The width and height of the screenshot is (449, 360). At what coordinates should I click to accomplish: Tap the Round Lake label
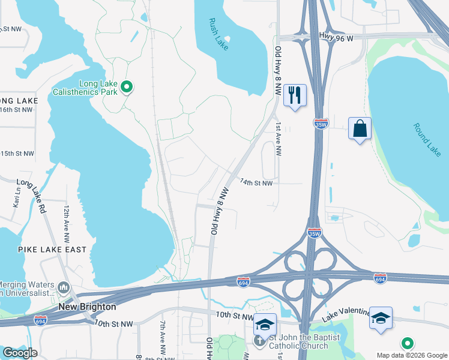click(427, 139)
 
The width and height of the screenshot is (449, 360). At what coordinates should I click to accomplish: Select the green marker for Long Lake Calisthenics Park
click(127, 88)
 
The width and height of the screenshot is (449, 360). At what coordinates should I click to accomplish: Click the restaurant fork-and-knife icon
click(295, 95)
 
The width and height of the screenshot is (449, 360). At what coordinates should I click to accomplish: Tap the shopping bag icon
click(360, 128)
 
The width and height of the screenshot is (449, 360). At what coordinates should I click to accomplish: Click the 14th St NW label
click(256, 182)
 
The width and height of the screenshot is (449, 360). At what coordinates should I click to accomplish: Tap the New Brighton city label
click(87, 307)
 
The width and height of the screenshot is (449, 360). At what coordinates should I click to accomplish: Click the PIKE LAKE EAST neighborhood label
click(52, 249)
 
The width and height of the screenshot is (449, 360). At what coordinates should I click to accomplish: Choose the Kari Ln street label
click(16, 196)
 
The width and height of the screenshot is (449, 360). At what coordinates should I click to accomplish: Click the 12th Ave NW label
click(67, 218)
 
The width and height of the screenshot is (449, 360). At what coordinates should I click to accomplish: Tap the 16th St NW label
click(16, 110)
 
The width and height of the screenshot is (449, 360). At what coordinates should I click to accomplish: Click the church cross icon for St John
click(259, 341)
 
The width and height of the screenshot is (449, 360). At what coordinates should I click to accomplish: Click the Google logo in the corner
click(19, 352)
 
